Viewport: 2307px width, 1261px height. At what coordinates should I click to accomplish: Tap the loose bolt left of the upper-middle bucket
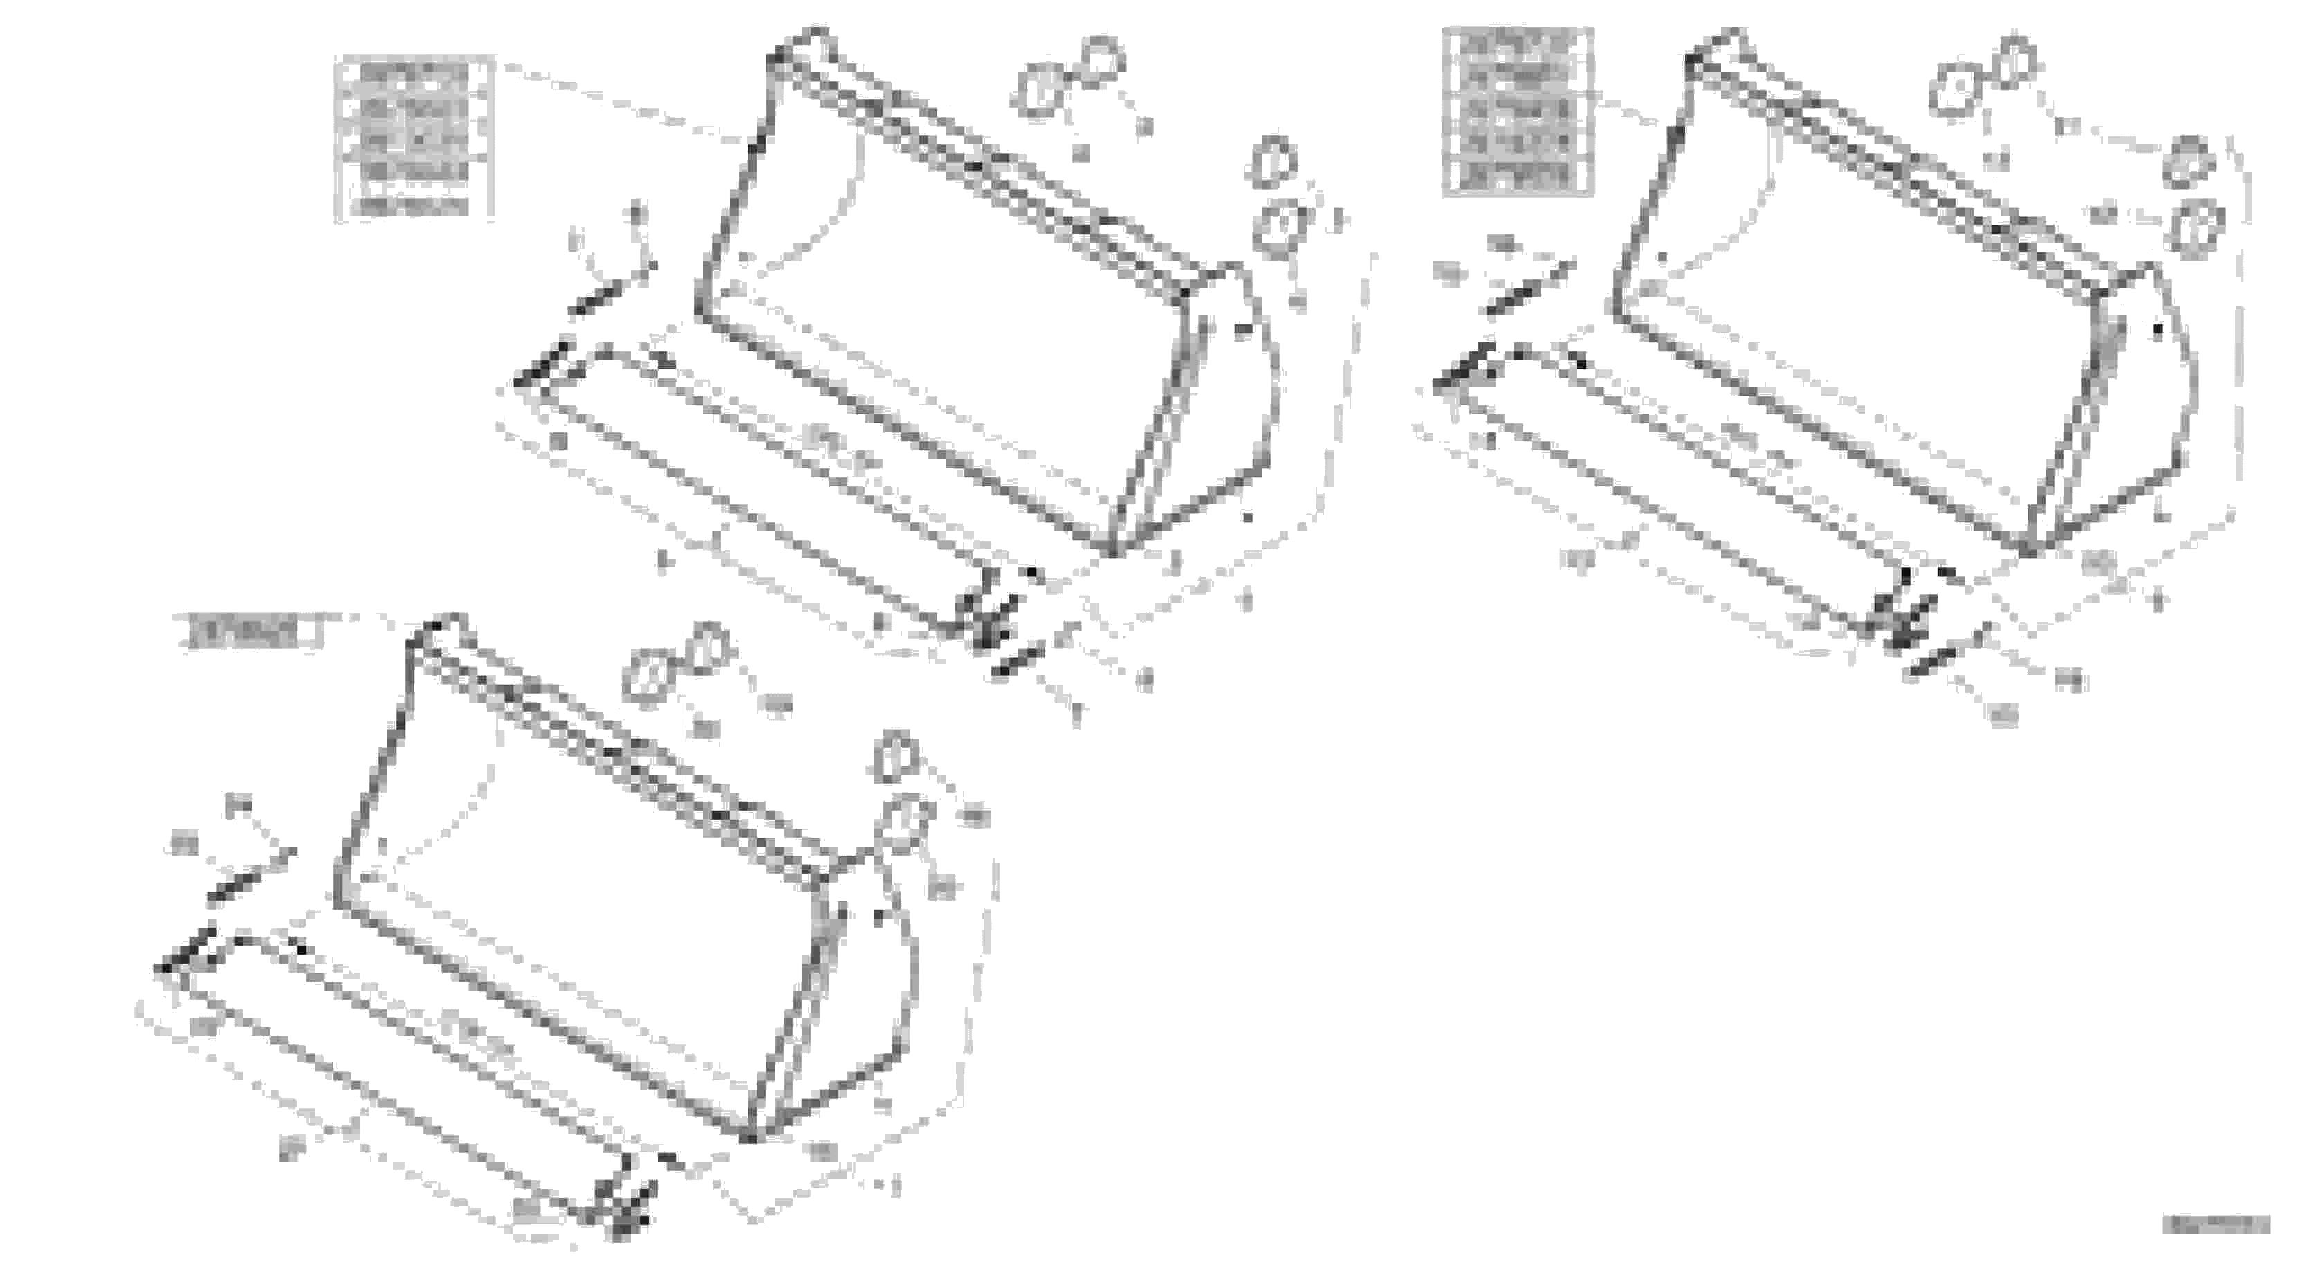612,288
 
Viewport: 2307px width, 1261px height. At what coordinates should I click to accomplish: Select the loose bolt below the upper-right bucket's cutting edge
1934,663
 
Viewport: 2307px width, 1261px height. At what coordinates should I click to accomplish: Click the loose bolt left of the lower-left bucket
250,875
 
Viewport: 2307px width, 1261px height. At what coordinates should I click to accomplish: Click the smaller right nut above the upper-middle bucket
1101,58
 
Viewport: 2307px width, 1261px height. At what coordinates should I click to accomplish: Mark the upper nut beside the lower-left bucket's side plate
897,757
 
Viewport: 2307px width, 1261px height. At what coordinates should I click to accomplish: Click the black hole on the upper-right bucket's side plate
2158,331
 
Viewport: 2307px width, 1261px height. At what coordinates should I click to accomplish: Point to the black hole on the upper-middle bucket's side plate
1242,331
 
